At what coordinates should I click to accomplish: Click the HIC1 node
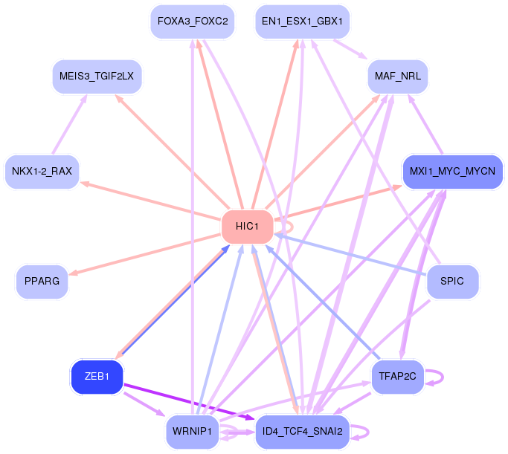point(246,227)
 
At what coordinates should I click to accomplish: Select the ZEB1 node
point(97,377)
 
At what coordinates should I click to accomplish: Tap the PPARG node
point(42,282)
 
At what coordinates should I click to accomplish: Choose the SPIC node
point(452,282)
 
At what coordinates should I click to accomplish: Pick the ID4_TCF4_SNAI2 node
point(301,431)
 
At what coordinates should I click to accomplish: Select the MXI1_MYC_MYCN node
point(452,172)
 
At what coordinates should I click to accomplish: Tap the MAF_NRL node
point(397,77)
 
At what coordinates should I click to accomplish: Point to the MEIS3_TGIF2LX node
point(97,77)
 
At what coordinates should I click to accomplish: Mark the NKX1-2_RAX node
point(42,172)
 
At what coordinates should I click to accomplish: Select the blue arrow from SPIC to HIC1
point(350,254)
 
